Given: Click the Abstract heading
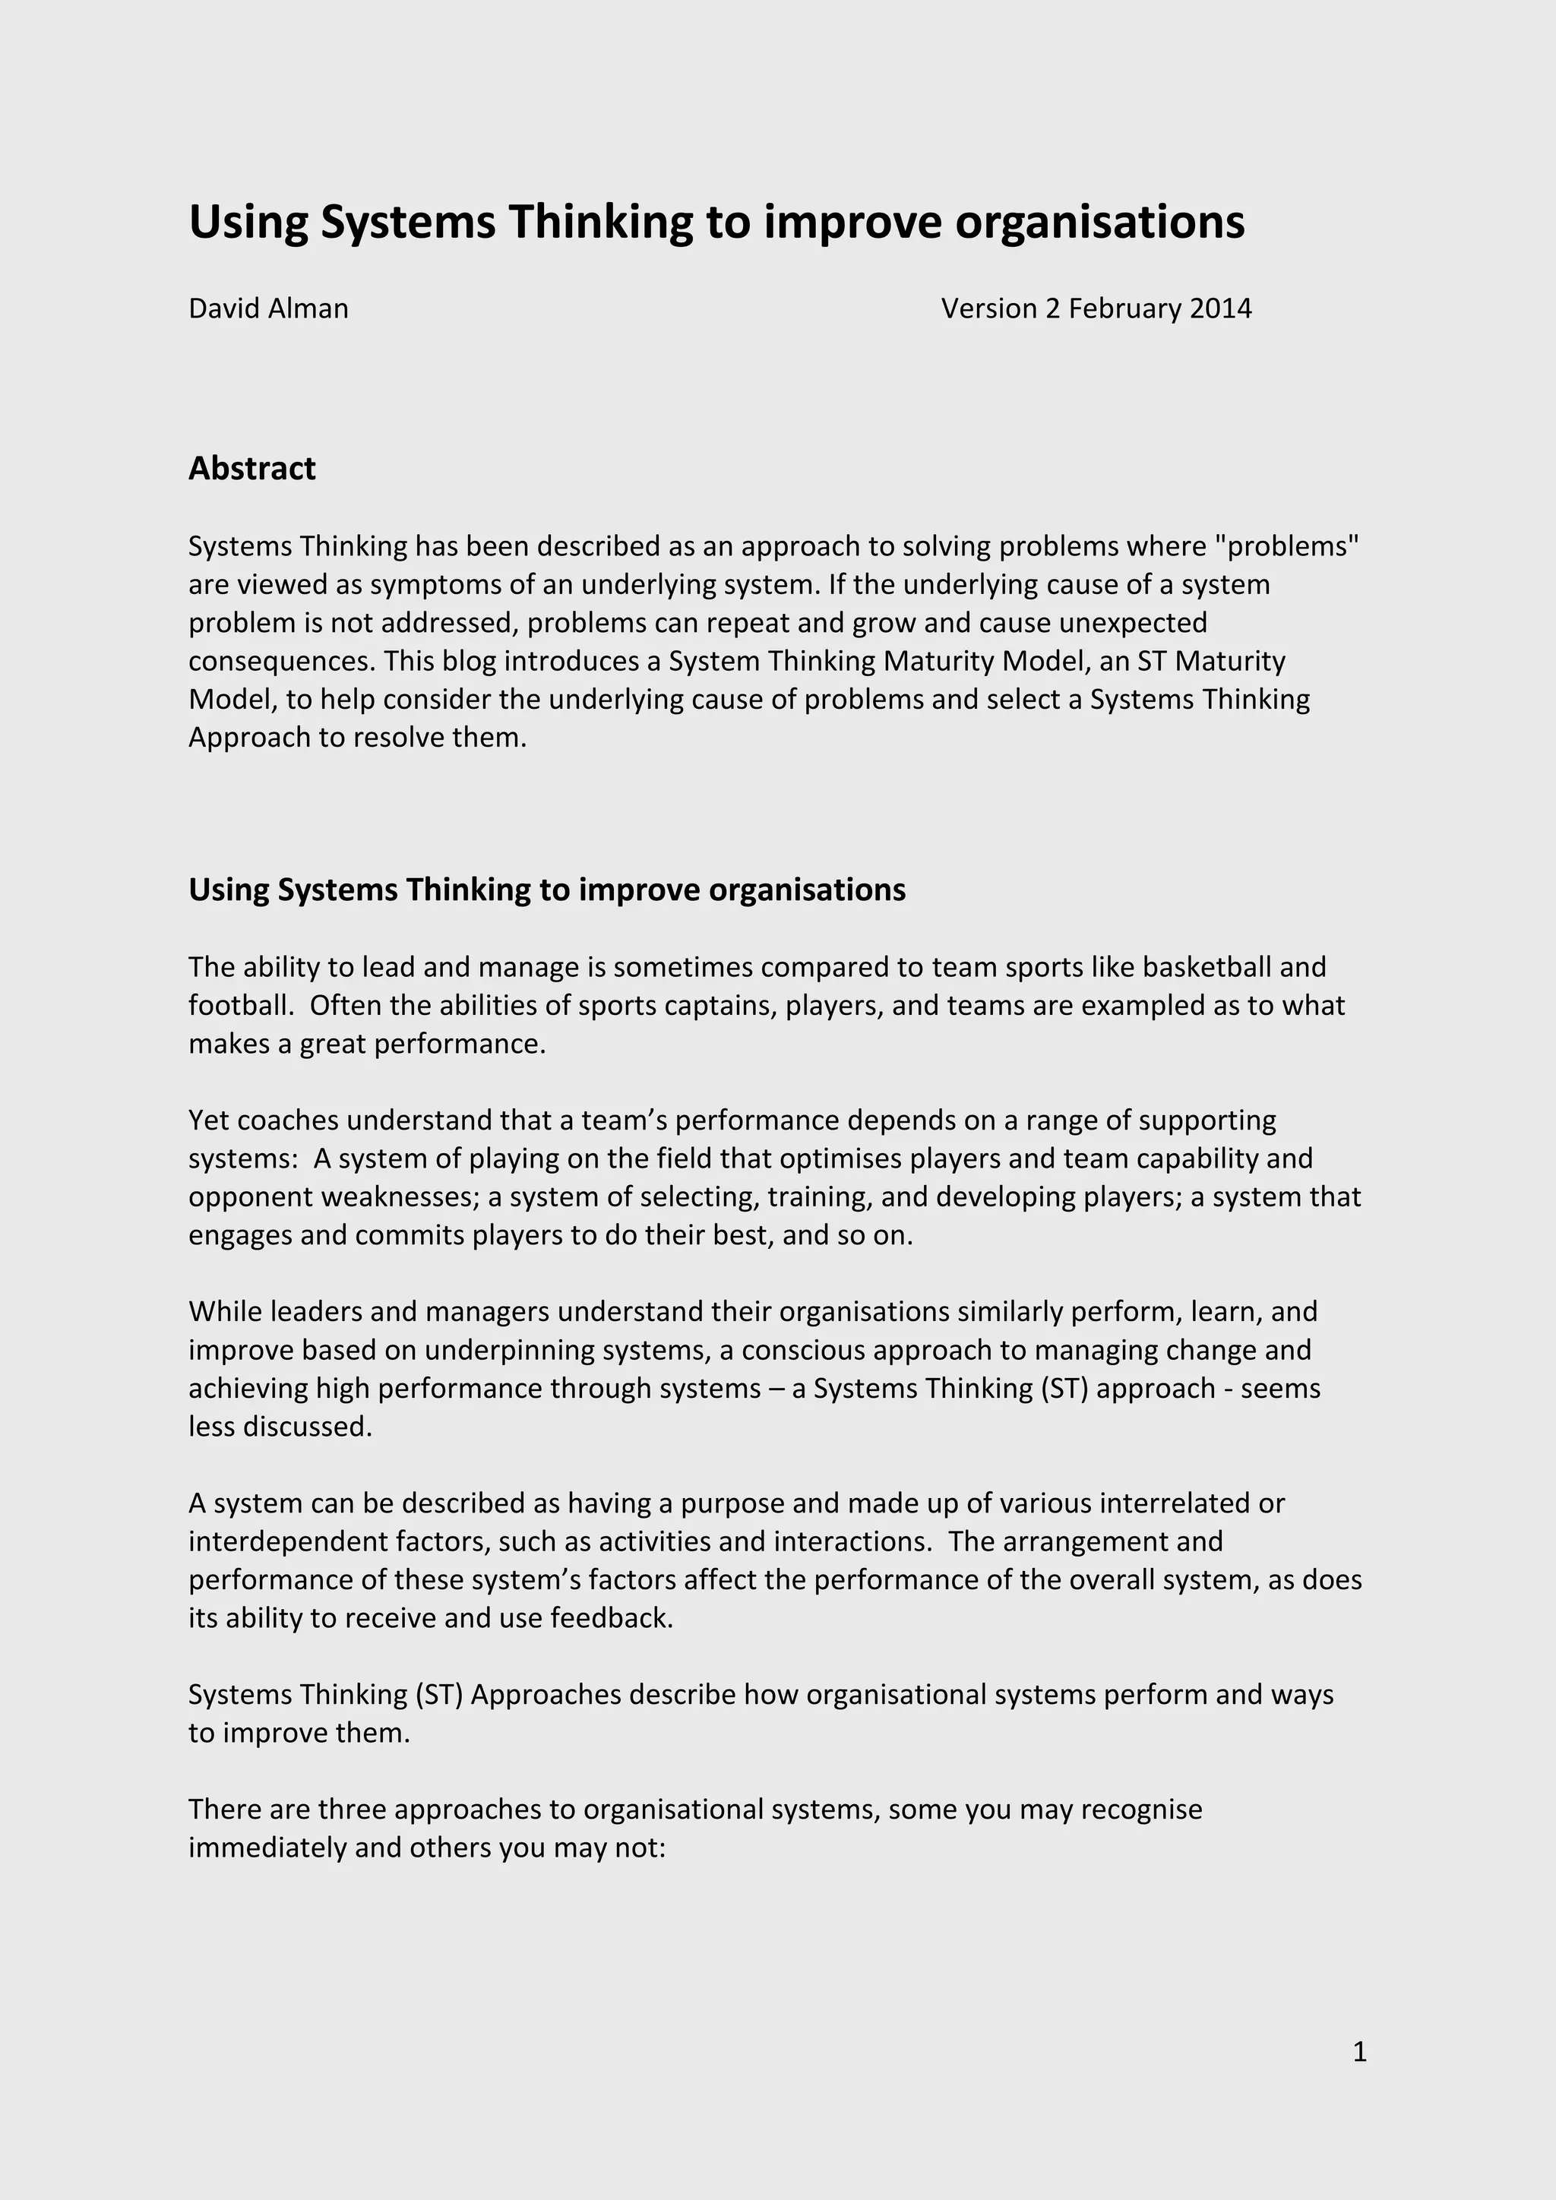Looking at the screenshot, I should [x=252, y=469].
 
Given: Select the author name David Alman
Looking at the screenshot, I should [x=268, y=308].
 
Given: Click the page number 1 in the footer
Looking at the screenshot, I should [x=1358, y=2051].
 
